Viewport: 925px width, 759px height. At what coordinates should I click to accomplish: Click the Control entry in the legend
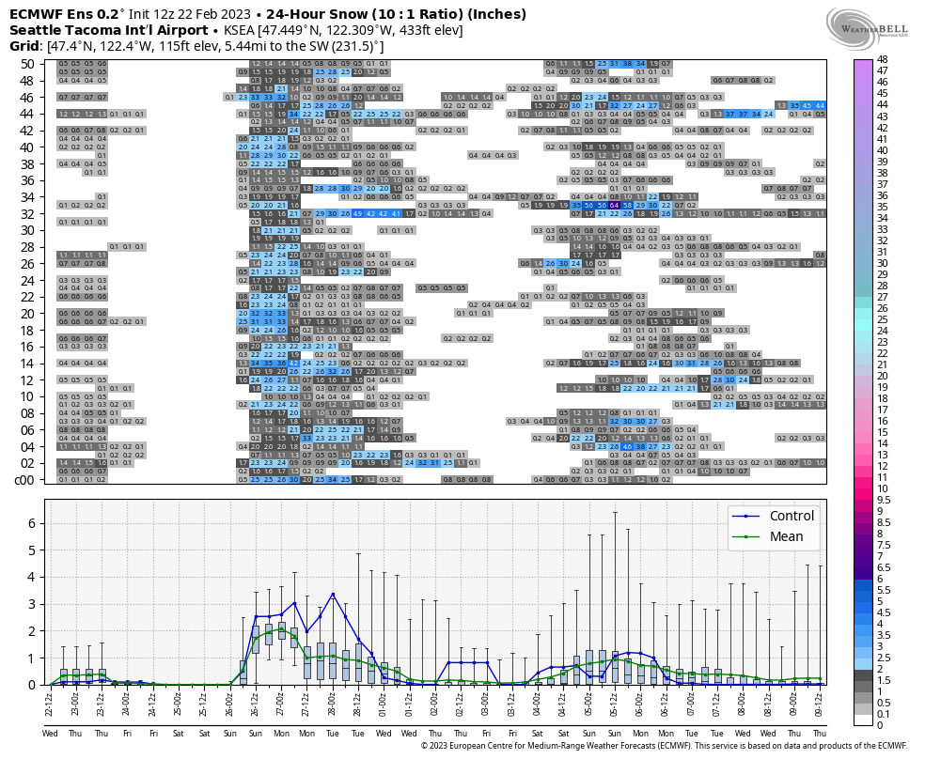792,516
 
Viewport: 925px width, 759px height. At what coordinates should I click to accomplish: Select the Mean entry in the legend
785,536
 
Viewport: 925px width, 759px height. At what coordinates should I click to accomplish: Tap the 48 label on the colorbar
882,59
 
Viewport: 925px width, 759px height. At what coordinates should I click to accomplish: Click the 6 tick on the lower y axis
35,523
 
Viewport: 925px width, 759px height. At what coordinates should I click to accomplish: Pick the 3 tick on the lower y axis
35,604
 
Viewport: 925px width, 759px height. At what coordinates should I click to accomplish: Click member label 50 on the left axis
27,63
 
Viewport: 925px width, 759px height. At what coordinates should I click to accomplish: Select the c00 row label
25,480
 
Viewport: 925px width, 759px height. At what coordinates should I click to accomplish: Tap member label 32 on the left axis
27,213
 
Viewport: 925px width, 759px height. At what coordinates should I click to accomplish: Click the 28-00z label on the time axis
333,701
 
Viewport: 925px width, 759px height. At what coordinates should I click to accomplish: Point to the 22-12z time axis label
50,701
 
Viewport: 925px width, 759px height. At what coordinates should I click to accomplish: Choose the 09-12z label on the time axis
821,701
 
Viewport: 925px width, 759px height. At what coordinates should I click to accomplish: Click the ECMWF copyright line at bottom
664,746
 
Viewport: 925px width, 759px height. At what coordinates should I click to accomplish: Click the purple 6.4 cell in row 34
613,205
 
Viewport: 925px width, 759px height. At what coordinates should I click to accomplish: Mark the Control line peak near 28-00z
333,594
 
